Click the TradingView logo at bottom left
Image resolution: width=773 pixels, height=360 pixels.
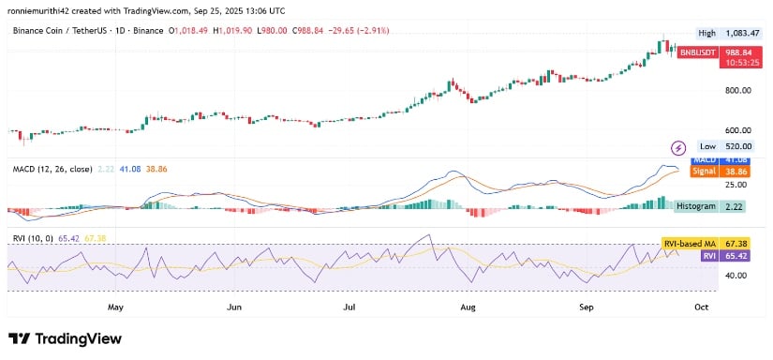coord(65,338)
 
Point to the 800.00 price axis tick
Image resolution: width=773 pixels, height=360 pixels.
coord(739,90)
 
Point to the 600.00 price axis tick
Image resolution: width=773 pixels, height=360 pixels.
coord(739,130)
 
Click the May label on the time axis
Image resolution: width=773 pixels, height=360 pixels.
coord(116,307)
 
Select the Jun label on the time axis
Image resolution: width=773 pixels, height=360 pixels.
coord(234,307)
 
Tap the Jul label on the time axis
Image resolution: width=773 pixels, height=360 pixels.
coord(350,307)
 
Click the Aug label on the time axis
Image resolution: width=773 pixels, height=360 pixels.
coord(469,307)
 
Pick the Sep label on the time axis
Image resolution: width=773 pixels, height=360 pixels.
coord(587,307)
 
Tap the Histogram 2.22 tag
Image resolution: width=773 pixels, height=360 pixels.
coord(716,205)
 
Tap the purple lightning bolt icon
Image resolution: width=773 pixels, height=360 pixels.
coord(678,147)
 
